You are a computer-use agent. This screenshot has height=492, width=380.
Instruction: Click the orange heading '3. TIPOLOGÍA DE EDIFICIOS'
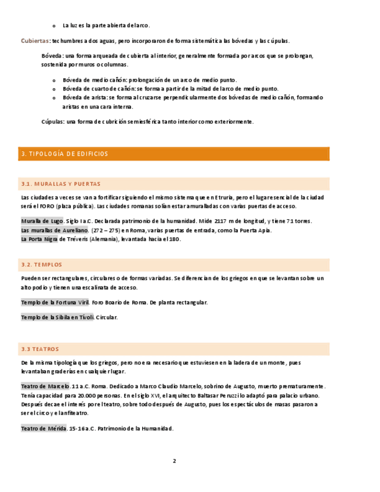pos(64,154)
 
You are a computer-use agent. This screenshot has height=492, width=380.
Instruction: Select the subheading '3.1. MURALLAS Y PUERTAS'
pos(60,184)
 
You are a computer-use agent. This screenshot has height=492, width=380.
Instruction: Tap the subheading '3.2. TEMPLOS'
pos(41,265)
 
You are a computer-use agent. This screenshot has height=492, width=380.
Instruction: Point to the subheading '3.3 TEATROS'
pos(40,349)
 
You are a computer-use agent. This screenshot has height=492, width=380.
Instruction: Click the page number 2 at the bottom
pos(173,461)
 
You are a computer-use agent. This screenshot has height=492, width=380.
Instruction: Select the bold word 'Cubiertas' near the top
pos(35,41)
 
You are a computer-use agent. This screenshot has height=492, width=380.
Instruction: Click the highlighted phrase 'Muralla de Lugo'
pos(42,221)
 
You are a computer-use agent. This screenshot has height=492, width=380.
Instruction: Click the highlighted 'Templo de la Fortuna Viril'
pos(55,302)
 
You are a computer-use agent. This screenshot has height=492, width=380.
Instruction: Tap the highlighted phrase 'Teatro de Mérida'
pos(44,428)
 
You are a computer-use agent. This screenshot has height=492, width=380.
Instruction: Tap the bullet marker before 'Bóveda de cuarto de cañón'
pos(53,89)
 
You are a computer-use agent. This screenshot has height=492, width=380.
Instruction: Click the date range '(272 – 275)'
pos(107,230)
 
